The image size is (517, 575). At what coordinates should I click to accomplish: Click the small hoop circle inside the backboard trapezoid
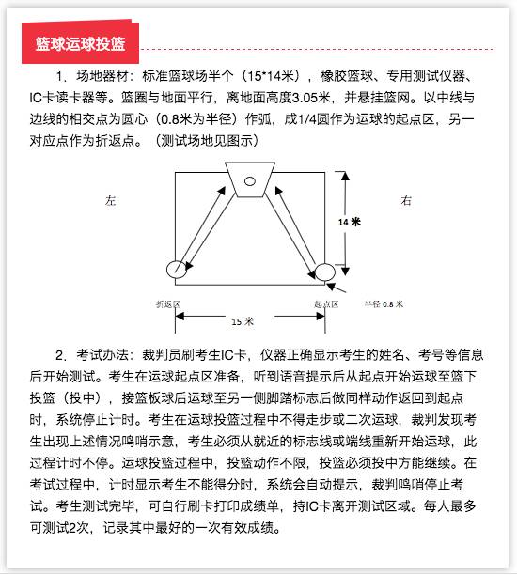coord(250,180)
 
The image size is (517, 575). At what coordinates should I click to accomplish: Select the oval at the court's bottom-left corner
coord(178,271)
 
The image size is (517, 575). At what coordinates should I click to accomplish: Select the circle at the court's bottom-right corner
coord(325,272)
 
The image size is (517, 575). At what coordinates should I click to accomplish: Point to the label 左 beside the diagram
coord(111,200)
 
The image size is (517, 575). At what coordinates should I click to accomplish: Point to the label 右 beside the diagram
coord(406,200)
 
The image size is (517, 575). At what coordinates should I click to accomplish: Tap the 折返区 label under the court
coord(167,303)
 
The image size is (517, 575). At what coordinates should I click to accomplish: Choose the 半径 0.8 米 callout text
coord(384,303)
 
